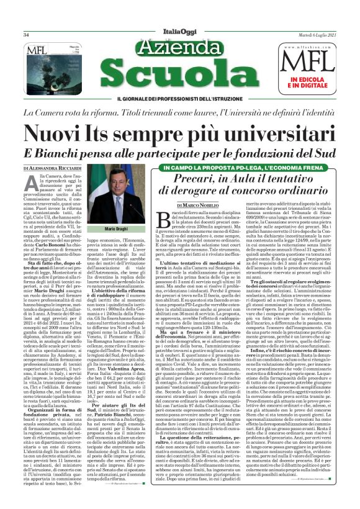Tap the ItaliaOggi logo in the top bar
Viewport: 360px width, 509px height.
[179, 35]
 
